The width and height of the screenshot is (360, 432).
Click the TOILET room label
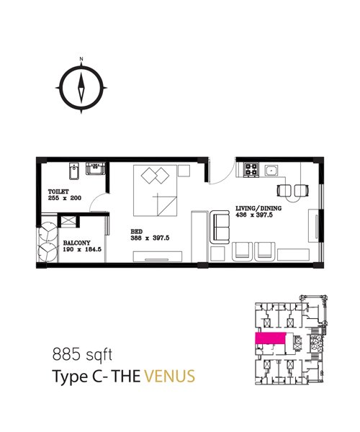(58, 192)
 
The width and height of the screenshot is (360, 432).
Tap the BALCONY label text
(76, 243)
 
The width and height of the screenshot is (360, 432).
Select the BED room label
(137, 232)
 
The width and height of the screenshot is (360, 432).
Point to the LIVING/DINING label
(258, 208)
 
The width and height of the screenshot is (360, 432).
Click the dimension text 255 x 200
(65, 198)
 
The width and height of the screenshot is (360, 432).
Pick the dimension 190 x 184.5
(82, 249)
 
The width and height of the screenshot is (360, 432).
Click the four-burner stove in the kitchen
(251, 169)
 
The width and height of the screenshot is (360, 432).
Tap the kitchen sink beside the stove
(271, 170)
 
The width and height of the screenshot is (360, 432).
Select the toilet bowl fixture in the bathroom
(74, 171)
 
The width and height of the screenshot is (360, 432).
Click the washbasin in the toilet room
(96, 168)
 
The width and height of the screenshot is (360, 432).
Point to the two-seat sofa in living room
(220, 227)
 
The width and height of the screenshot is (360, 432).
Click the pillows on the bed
(155, 176)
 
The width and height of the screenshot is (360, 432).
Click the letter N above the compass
(81, 59)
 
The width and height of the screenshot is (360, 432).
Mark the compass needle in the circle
(81, 88)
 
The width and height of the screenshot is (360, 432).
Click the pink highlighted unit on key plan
(271, 338)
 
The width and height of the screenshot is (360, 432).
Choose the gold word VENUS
(170, 377)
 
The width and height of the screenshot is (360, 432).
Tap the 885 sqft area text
(82, 354)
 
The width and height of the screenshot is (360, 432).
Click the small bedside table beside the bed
(184, 171)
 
